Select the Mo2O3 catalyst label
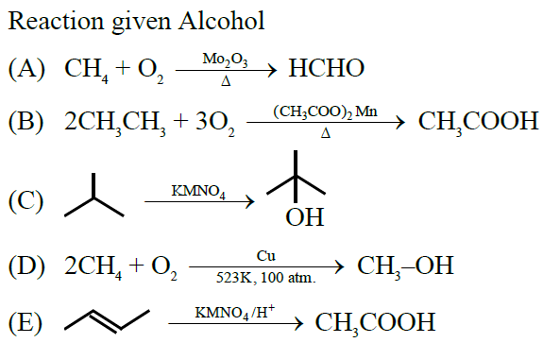tap(226, 59)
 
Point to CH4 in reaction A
tap(85, 69)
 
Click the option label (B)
tap(29, 122)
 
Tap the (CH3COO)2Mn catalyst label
tap(326, 111)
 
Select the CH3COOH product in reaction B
tap(471, 122)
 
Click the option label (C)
tap(29, 200)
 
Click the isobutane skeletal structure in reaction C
tap(93, 196)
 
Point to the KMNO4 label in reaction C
tap(198, 191)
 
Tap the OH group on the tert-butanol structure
tap(304, 219)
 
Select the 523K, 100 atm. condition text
tap(265, 278)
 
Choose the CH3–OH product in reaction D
tap(405, 266)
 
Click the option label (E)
tap(28, 322)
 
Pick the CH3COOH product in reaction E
tap(375, 323)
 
